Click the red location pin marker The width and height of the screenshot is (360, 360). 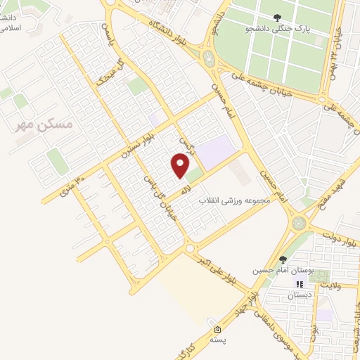tap(180, 166)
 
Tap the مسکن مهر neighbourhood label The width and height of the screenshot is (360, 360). tap(44, 124)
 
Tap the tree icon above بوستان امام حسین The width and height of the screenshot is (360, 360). tap(283, 258)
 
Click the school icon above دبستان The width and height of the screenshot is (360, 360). tap(299, 284)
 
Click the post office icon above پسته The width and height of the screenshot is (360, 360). tap(217, 328)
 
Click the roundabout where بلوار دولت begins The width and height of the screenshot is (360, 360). tap(300, 224)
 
